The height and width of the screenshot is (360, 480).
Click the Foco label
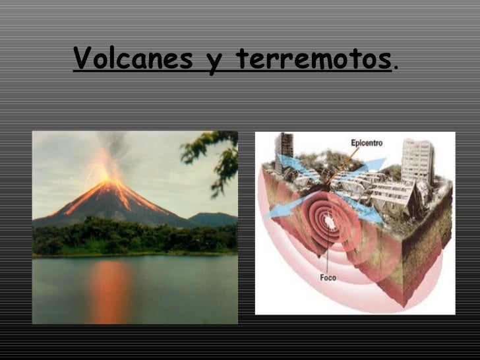pyautogui.click(x=328, y=278)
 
